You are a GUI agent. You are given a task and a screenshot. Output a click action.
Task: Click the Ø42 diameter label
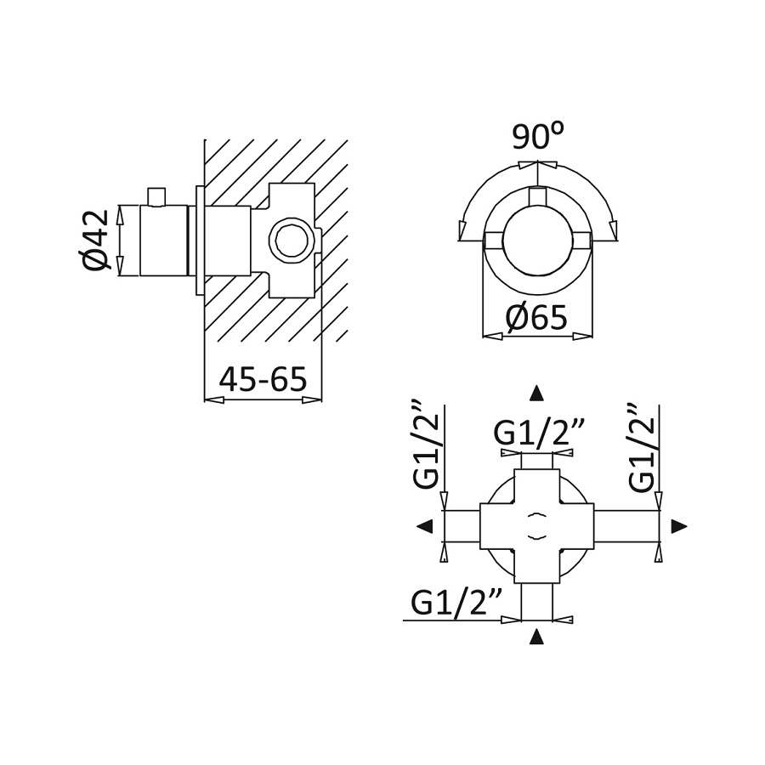coord(95,240)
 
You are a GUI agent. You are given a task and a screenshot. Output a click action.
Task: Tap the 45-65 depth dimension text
coord(263,379)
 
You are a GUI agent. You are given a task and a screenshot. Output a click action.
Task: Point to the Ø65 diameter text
coord(536,318)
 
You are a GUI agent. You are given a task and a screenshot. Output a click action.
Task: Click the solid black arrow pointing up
coord(536,394)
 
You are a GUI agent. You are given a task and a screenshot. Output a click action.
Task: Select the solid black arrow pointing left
coord(426,526)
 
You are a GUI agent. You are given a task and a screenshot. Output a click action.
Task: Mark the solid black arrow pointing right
coord(679,526)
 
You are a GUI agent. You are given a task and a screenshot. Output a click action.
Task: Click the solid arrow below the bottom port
coord(536,637)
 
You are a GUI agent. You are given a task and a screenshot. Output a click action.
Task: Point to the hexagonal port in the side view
coord(291,241)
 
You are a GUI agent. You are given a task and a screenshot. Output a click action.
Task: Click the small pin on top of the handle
coord(157,196)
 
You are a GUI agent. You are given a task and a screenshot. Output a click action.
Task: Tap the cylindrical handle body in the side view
coord(164,240)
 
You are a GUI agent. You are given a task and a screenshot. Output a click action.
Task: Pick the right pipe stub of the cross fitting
coord(626,526)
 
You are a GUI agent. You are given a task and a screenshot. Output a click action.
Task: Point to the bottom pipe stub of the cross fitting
coord(536,602)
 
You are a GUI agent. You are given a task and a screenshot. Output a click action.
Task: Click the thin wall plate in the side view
coord(200,240)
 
